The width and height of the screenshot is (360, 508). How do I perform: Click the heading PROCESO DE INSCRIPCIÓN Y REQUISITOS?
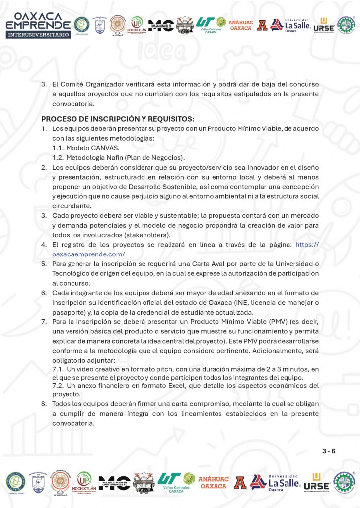pos(117,119)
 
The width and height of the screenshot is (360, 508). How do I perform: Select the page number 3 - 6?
pos(329,451)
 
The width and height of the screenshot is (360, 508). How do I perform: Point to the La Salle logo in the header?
pos(297,24)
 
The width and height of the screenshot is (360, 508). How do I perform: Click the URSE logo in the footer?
pos(316,482)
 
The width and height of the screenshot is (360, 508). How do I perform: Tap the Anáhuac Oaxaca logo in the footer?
pos(214,482)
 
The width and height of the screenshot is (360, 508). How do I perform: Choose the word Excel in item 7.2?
pos(149,385)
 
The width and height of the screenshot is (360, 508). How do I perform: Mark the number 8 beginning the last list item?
pos(44,404)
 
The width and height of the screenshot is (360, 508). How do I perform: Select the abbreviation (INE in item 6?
pos(248,303)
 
